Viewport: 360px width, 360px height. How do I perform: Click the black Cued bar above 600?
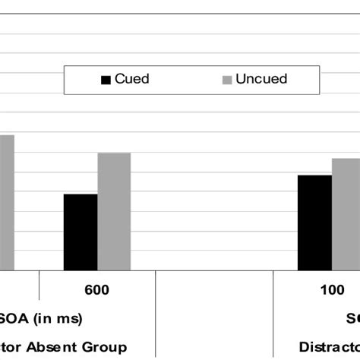tap(80, 232)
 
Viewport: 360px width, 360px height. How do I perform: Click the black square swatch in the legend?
tap(106, 80)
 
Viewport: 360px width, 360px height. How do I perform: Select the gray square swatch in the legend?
tap(226, 80)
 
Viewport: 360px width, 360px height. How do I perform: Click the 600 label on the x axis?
tap(97, 290)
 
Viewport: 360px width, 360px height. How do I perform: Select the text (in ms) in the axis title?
tap(59, 318)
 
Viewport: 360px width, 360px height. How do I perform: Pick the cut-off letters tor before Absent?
tap(12, 346)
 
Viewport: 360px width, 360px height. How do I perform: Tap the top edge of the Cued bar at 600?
tap(80, 194)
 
